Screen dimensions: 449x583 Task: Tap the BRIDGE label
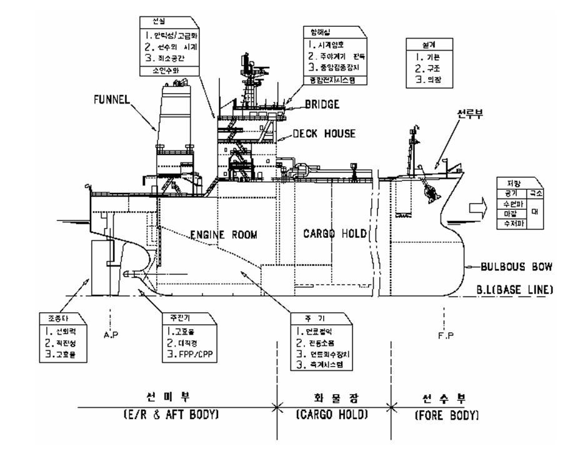(322, 104)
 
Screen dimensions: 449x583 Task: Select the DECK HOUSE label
(324, 134)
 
